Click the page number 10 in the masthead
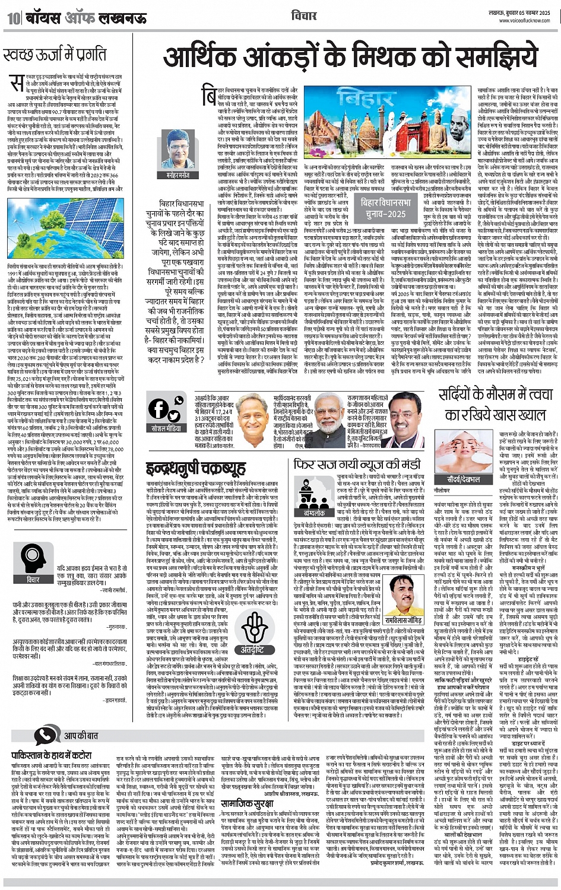[13, 18]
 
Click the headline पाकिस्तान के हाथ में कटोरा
[52, 755]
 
